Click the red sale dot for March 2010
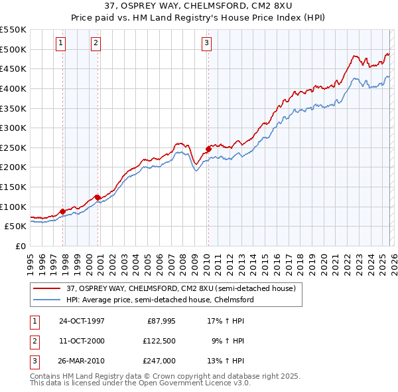click(x=208, y=149)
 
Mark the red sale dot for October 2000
click(x=98, y=197)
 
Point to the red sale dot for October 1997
click(x=63, y=211)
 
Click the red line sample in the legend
click(x=47, y=288)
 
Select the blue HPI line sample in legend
click(x=47, y=300)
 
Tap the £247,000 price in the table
click(x=159, y=361)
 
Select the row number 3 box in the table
click(x=34, y=361)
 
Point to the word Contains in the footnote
click(x=46, y=376)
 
